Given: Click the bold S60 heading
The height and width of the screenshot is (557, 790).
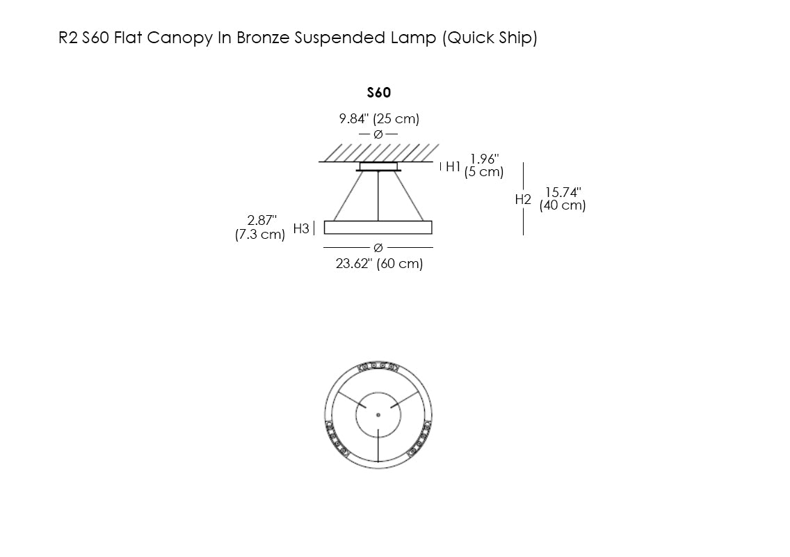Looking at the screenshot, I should click(378, 93).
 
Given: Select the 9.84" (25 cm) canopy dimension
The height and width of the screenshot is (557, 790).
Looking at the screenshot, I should click(379, 119).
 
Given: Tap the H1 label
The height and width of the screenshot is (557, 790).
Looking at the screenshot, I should click(453, 166).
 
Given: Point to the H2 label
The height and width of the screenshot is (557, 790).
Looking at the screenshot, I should click(523, 199).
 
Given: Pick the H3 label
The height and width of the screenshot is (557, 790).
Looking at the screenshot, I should click(301, 228).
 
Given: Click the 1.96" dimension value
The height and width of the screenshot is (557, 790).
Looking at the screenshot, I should click(485, 159).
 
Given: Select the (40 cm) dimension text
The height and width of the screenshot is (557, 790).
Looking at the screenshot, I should click(563, 205).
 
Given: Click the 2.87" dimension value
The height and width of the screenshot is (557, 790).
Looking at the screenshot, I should click(262, 221).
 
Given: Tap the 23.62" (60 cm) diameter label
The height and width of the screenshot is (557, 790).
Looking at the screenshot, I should click(379, 264).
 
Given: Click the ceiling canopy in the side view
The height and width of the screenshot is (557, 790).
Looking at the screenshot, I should click(378, 166).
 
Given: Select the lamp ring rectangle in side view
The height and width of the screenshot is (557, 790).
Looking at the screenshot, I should click(378, 228).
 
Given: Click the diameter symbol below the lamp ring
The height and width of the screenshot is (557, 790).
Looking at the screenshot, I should click(378, 247).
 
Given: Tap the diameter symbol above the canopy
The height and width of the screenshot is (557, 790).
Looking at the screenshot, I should click(378, 134).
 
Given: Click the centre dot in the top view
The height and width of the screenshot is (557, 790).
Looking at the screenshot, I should click(378, 415).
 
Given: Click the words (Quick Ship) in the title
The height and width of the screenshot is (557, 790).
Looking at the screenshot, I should click(490, 38).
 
